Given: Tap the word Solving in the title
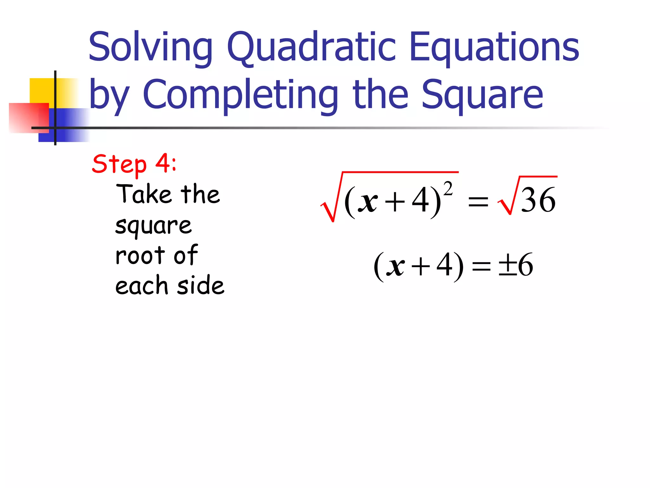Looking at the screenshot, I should pyautogui.click(x=150, y=48).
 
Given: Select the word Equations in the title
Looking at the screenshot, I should pyautogui.click(x=494, y=48).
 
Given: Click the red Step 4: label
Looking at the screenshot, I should pyautogui.click(x=134, y=164).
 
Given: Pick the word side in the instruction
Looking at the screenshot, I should pyautogui.click(x=201, y=285).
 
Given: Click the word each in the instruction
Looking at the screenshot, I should pyautogui.click(x=141, y=285).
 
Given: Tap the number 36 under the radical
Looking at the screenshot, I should pyautogui.click(x=538, y=200).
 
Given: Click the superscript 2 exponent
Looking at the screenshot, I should pyautogui.click(x=448, y=189).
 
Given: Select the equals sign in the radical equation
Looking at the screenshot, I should pyautogui.click(x=478, y=201).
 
